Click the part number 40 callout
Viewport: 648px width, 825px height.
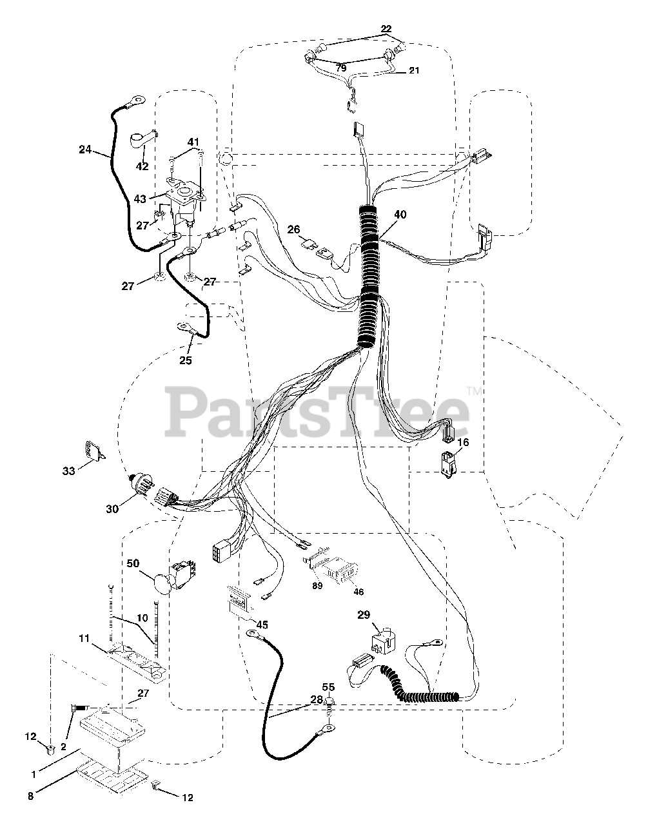(x=400, y=215)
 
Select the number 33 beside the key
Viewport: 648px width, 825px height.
(x=68, y=471)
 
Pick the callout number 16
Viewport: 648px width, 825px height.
(x=464, y=442)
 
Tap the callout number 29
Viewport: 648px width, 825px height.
(x=364, y=615)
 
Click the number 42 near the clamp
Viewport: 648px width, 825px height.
(x=142, y=166)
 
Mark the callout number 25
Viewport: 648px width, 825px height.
(x=186, y=360)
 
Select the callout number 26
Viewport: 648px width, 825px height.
(x=294, y=229)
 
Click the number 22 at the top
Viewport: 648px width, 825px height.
(x=386, y=29)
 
